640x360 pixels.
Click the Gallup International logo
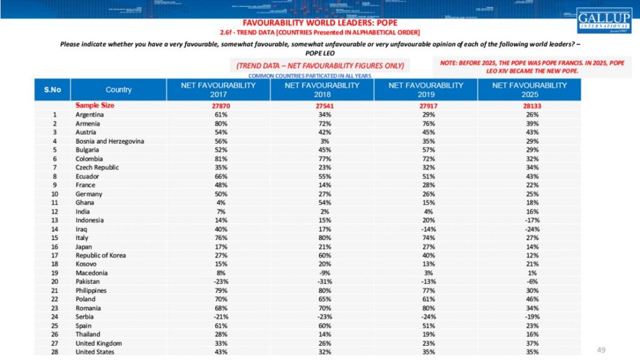[x=604, y=20]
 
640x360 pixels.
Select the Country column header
[x=119, y=89]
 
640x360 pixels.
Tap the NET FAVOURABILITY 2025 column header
[x=529, y=89]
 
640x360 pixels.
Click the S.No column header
[x=52, y=89]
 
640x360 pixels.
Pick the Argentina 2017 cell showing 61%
[x=218, y=115]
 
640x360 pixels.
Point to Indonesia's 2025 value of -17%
[x=529, y=220]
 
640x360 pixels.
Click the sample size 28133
[x=529, y=106]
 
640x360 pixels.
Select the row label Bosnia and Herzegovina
[x=110, y=141]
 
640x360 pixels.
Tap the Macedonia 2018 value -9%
[x=322, y=272]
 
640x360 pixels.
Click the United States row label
[x=96, y=352]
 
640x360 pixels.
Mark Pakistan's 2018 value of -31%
[x=322, y=281]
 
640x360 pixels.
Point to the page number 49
[x=601, y=349]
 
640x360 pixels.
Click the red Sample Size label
[x=95, y=106]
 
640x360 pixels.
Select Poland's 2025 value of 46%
[x=529, y=299]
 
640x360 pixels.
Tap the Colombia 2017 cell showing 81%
[x=218, y=159]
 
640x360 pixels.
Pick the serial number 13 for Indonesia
[x=55, y=220]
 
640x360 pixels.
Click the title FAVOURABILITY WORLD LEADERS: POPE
[x=320, y=23]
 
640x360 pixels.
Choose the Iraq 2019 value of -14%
[x=426, y=229]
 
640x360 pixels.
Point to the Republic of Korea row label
[x=101, y=255]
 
